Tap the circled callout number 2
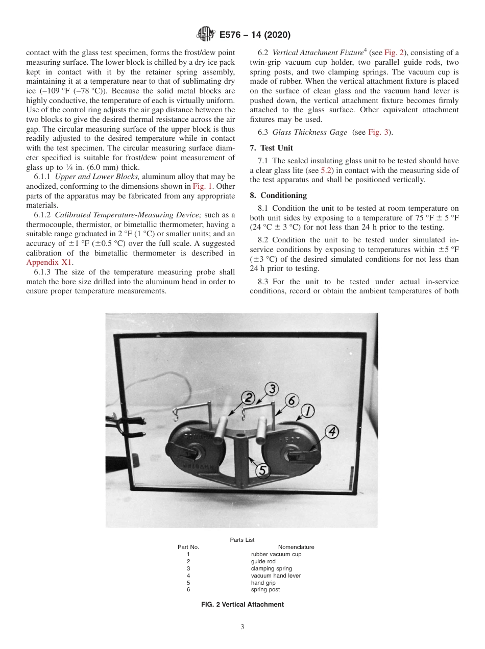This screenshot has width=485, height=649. click(249, 398)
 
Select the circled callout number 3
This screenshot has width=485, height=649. click(272, 389)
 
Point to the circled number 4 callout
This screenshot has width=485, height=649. click(332, 432)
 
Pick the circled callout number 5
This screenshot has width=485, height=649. click(262, 470)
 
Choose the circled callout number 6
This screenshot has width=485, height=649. click(292, 401)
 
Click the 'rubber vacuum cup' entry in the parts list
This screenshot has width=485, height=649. click(276, 554)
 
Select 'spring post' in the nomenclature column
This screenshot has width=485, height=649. click(265, 590)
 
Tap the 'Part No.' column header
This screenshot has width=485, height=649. click(188, 547)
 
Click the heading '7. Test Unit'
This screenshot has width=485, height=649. click(271, 148)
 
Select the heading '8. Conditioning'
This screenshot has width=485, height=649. click(278, 195)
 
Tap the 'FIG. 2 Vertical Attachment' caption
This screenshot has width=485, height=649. click(242, 605)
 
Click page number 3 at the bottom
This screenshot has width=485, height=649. click(242, 627)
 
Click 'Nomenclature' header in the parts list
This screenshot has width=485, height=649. click(296, 547)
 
